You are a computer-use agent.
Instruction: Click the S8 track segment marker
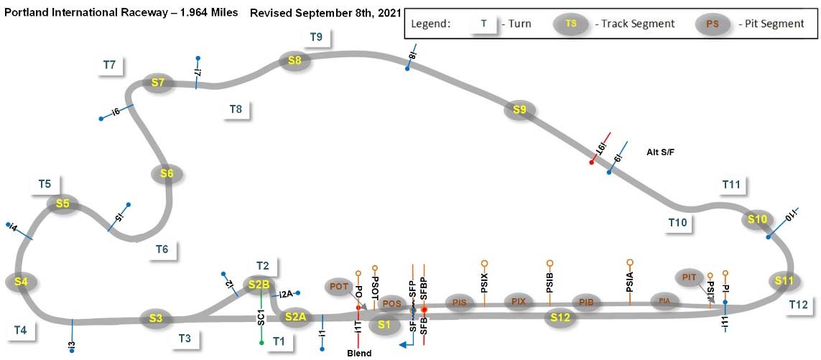click(294, 60)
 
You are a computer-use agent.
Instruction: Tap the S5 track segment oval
click(62, 203)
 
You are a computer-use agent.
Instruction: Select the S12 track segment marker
click(560, 316)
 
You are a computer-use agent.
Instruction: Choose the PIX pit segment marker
click(519, 302)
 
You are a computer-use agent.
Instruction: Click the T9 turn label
click(316, 37)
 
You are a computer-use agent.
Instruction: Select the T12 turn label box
click(798, 305)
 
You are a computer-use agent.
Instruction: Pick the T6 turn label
click(162, 249)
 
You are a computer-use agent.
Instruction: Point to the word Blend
click(359, 353)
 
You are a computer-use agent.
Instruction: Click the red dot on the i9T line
click(591, 162)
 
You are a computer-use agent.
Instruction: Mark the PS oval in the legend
click(713, 24)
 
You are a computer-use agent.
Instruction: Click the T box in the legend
click(484, 23)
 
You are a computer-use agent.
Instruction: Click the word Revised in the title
click(272, 14)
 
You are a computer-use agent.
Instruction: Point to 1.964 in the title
click(180, 14)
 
